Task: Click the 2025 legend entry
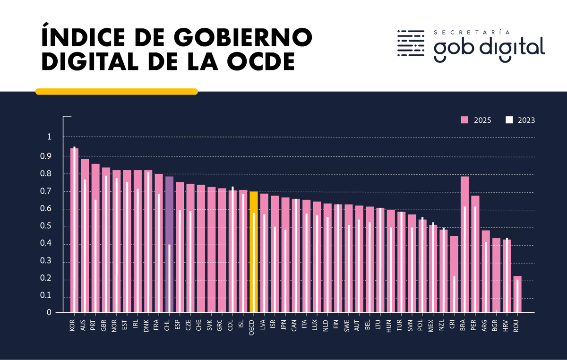tap(476, 120)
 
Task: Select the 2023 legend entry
tap(520, 120)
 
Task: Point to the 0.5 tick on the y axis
tap(49, 227)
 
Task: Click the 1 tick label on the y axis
tap(49, 137)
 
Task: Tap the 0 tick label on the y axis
tap(49, 313)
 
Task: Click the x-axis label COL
tap(231, 326)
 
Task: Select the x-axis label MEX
tap(431, 326)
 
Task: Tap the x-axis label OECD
tap(252, 327)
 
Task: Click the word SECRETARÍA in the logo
tap(471, 33)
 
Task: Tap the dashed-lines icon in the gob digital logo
tap(411, 43)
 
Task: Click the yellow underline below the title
tap(116, 92)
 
